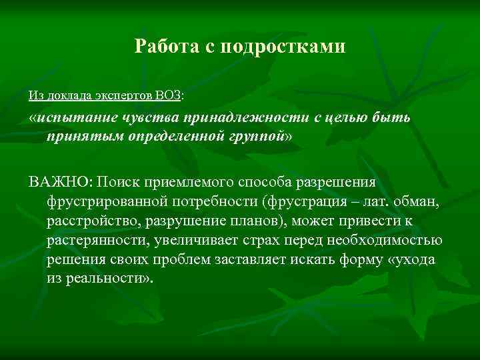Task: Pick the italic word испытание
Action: pyautogui.click(x=78, y=118)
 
